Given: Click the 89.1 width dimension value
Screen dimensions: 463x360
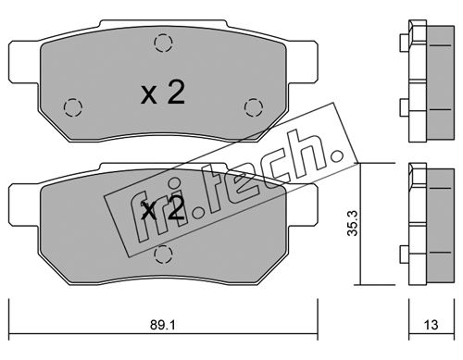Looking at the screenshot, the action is tap(163, 325).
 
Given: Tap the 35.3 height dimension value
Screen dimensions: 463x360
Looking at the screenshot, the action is tap(353, 223).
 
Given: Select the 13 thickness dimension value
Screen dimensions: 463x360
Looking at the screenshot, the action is tap(431, 325).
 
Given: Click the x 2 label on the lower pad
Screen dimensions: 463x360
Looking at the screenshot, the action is tap(163, 207).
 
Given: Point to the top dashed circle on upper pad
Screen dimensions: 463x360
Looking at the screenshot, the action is tap(163, 43).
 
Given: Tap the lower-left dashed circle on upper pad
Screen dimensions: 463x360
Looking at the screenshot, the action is tap(73, 107).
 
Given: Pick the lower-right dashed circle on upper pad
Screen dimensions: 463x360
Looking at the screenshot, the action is tap(254, 107).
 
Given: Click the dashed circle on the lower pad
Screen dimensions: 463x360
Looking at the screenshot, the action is tap(163, 254).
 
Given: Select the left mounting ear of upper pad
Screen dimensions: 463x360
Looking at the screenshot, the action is tap(24, 62).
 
